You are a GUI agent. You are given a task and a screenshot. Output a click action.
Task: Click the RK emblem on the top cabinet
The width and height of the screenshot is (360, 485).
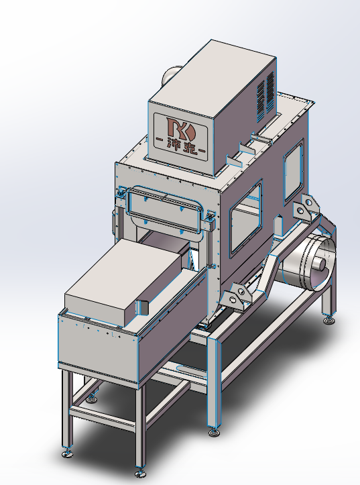tap(181, 128)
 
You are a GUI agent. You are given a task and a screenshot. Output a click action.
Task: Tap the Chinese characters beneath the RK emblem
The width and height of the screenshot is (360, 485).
tap(182, 147)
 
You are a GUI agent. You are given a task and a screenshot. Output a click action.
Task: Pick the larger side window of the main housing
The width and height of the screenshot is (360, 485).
tap(245, 218)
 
